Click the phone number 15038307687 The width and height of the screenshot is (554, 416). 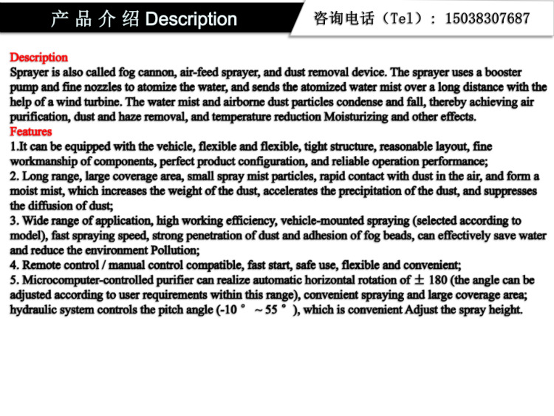click(487, 18)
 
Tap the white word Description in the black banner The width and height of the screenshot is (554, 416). click(191, 19)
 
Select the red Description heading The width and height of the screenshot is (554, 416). click(38, 58)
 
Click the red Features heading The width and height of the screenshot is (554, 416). click(30, 132)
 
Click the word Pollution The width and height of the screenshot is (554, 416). click(176, 250)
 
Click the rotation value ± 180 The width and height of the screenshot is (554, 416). click(430, 280)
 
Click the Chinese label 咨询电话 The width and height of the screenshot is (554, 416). click(343, 18)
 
